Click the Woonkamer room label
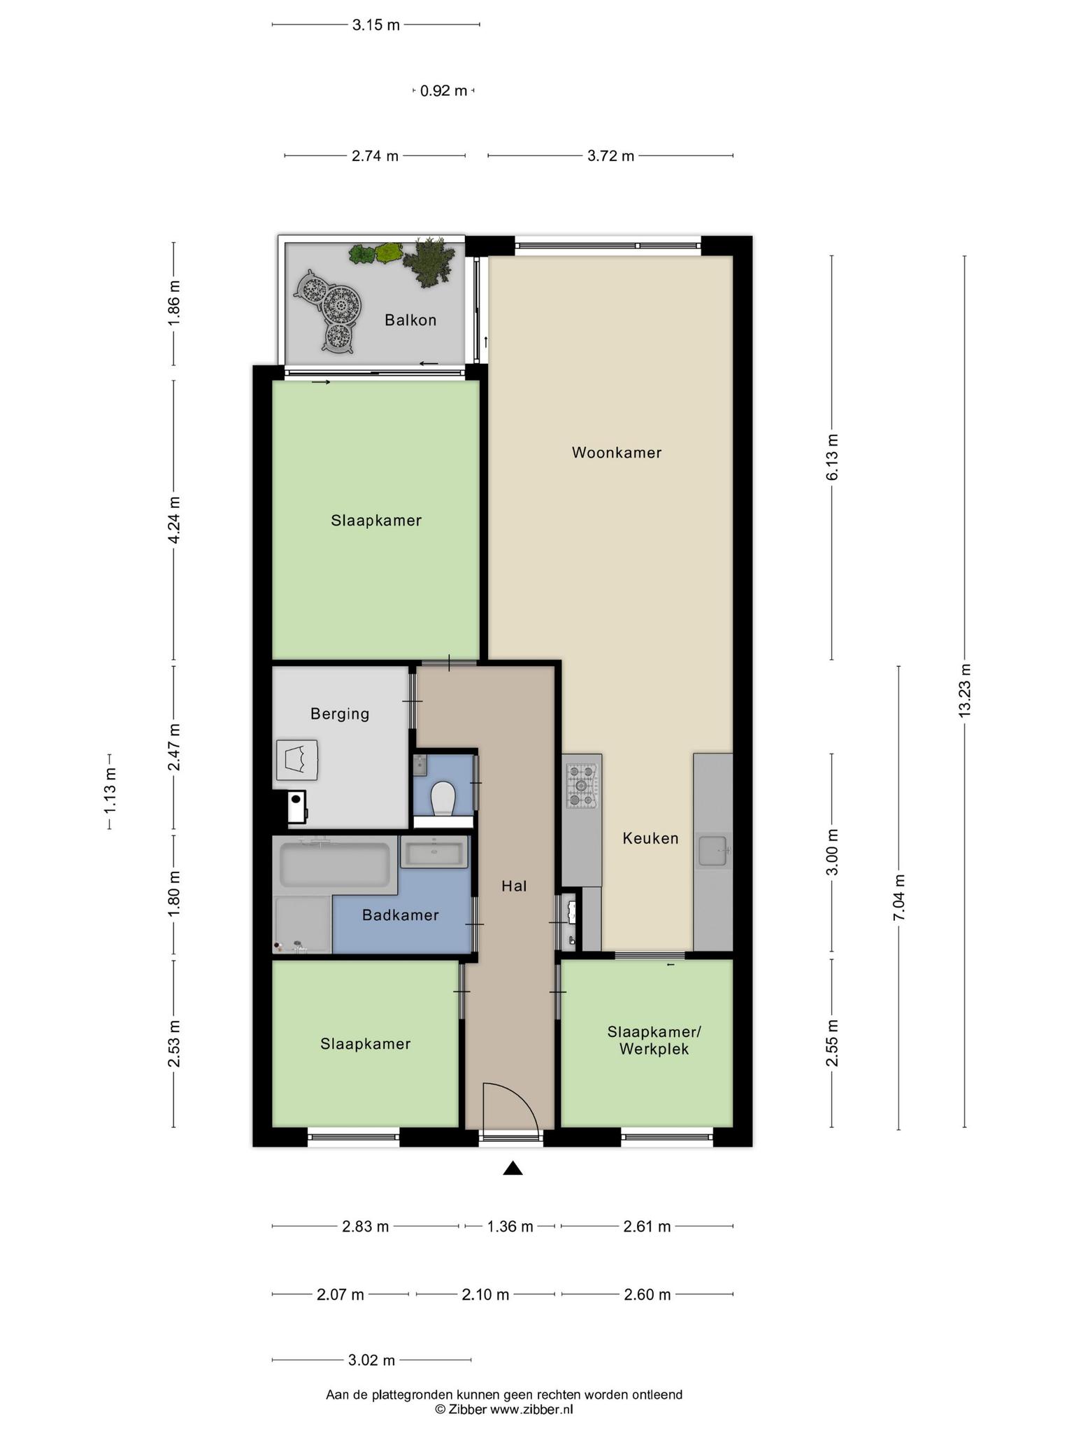[616, 453]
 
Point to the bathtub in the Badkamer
[334, 865]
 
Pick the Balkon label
[410, 320]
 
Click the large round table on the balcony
[341, 304]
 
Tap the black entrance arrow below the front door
[513, 1168]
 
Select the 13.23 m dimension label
[965, 690]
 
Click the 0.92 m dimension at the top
[443, 91]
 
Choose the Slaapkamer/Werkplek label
[654, 1040]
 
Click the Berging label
[340, 714]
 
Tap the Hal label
[514, 887]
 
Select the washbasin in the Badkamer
[434, 853]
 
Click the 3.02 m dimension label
[371, 1360]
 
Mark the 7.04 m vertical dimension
[899, 898]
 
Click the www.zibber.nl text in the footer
[531, 1410]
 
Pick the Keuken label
[650, 838]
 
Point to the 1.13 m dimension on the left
[110, 791]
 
